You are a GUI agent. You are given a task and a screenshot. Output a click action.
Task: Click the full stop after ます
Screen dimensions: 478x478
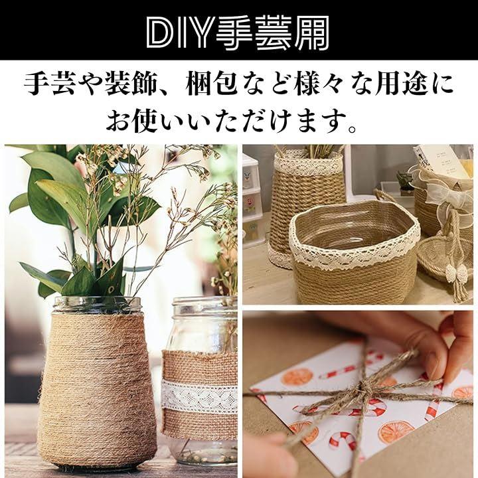[x=352, y=128]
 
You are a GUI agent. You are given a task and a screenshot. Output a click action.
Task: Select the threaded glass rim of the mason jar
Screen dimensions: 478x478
[x=204, y=306]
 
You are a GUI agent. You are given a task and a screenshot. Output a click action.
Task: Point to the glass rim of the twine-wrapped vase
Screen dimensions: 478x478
[x=97, y=305]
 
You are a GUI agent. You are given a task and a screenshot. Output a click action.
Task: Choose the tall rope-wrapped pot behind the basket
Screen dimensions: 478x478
[x=308, y=207]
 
